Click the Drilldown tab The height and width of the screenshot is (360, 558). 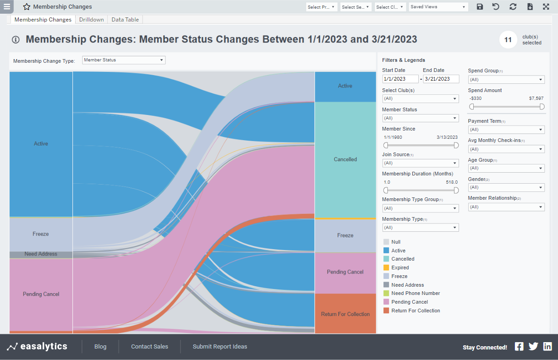(91, 20)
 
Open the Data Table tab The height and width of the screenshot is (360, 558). (125, 20)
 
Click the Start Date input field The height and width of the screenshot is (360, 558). (400, 79)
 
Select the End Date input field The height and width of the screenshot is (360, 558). (441, 79)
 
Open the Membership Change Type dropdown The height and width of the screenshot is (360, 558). (123, 60)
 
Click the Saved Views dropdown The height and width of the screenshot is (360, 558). (438, 7)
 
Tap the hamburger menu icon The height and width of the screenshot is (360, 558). (7, 6)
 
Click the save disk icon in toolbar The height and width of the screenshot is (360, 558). (480, 7)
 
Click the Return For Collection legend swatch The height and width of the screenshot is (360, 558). (386, 311)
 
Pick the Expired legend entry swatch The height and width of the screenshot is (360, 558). (386, 267)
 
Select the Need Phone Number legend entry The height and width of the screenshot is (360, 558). (415, 293)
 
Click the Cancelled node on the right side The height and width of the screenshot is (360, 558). (345, 159)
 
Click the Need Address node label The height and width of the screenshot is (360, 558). (41, 254)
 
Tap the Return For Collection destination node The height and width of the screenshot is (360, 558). (345, 314)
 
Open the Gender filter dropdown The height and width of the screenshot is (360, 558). (506, 187)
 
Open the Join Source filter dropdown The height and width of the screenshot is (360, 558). (420, 163)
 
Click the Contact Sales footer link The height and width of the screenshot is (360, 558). (149, 347)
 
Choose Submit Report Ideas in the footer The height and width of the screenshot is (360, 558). (219, 347)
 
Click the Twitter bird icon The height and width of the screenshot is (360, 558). (533, 347)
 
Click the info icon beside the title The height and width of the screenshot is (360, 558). (16, 40)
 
